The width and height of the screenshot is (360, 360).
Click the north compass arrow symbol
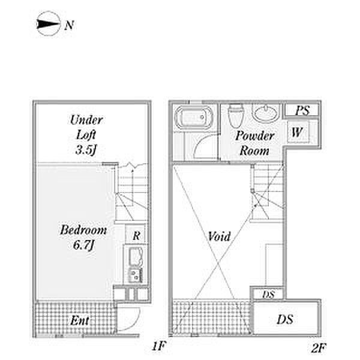49,24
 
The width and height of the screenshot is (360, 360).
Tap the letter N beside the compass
69,25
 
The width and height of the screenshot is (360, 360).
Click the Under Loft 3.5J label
86,135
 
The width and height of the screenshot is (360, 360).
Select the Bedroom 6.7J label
83,238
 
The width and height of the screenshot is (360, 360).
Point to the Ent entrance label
80,320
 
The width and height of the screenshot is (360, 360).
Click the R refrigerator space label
136,236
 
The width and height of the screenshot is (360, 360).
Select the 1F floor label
158,346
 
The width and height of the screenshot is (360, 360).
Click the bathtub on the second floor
193,118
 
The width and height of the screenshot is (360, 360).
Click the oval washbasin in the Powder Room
266,113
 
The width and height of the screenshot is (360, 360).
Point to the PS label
302,110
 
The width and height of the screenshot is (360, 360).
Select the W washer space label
297,132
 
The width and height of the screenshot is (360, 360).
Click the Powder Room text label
254,143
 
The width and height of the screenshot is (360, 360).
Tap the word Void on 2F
219,236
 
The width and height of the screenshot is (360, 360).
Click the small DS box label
268,295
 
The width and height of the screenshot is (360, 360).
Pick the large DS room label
285,320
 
